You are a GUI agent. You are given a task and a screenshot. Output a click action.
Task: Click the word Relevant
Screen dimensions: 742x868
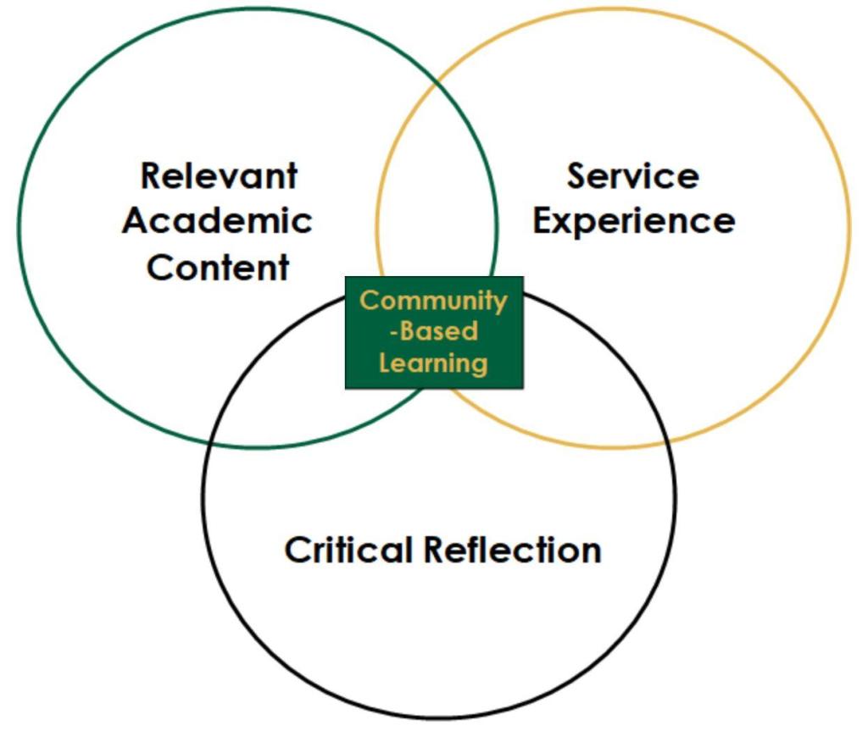point(219,177)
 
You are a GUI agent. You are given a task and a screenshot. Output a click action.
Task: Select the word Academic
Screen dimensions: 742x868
point(217,222)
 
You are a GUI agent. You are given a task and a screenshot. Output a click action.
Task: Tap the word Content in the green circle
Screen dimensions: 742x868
point(218,268)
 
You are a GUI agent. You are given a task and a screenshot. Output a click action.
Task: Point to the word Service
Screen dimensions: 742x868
point(632,177)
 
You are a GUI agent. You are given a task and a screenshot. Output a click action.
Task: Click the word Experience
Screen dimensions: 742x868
point(633,222)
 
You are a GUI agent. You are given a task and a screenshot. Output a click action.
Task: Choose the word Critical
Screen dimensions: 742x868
point(348,551)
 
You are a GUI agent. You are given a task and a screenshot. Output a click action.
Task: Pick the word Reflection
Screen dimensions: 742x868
point(512,551)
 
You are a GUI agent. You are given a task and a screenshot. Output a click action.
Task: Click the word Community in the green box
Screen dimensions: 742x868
point(433,301)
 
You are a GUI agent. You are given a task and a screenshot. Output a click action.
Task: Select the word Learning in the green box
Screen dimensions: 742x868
point(433,363)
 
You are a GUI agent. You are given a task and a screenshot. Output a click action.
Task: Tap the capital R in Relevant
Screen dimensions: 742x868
point(152,177)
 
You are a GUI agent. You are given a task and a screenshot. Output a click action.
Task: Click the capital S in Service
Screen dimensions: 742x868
point(577,177)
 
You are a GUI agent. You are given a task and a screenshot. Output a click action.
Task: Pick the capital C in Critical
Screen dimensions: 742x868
point(296,551)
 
